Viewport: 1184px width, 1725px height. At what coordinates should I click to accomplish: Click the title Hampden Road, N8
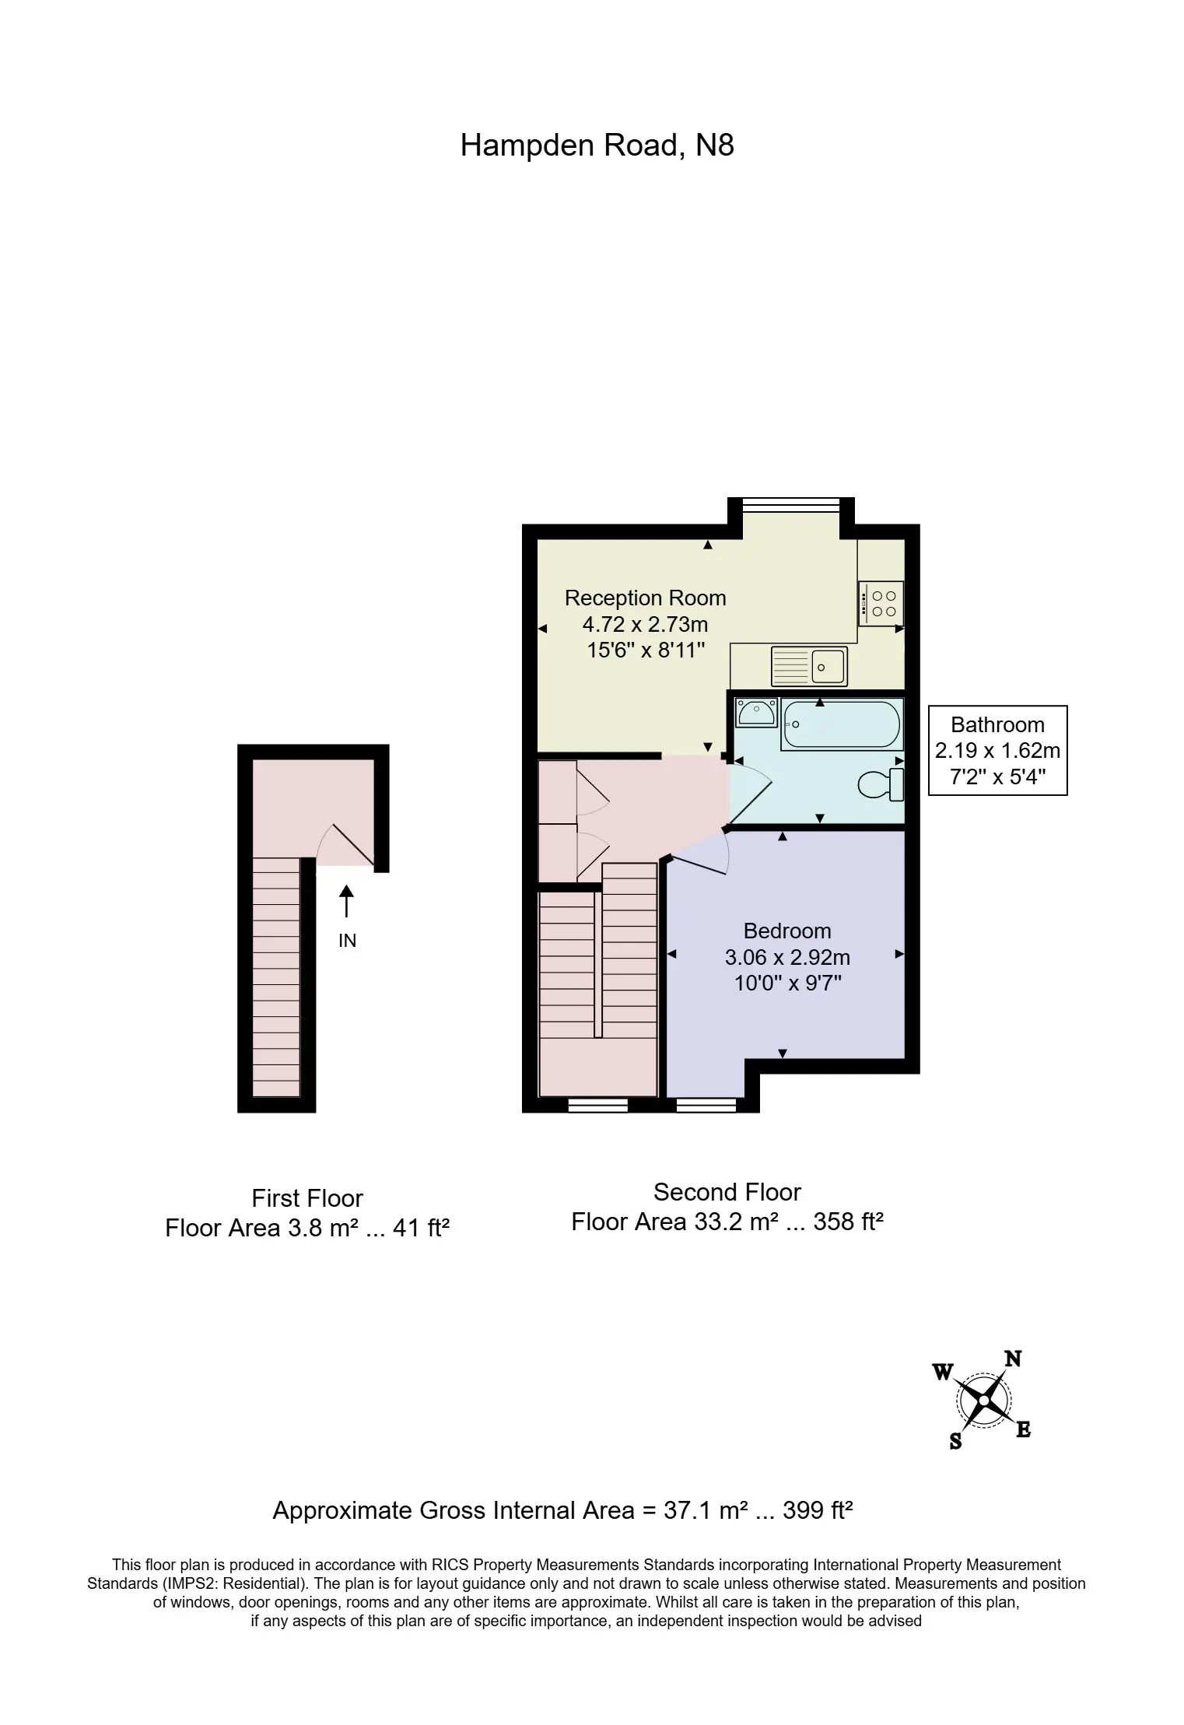[x=597, y=146]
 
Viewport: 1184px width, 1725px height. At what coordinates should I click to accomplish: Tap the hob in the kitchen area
[x=881, y=603]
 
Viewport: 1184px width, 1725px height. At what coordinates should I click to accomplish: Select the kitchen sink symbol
[x=809, y=666]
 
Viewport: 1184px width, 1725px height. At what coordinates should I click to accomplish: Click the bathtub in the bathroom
[x=842, y=724]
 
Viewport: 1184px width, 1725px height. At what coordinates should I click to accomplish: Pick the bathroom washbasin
[x=756, y=712]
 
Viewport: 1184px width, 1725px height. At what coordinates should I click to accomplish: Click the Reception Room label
[x=645, y=598]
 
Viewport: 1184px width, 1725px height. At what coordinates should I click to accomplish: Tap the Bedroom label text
[x=787, y=931]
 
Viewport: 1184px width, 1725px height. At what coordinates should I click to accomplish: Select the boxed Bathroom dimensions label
[x=997, y=750]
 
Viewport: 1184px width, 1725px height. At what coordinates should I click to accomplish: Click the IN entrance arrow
[x=346, y=901]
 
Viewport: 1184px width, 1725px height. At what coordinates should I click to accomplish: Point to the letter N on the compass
[x=1013, y=1359]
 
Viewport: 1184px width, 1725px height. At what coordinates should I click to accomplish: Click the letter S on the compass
[x=955, y=1441]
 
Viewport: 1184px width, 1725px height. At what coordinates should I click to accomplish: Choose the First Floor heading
[x=307, y=1197]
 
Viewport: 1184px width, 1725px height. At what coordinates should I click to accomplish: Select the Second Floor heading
[x=727, y=1191]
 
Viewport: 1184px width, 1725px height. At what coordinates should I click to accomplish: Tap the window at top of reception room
[x=791, y=505]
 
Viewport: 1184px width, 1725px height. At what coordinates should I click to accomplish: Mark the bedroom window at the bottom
[x=706, y=1105]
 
